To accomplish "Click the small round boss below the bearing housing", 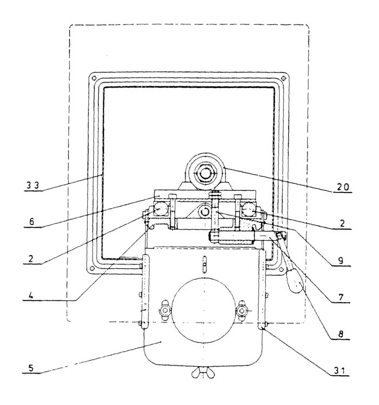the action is coord(204,210).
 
